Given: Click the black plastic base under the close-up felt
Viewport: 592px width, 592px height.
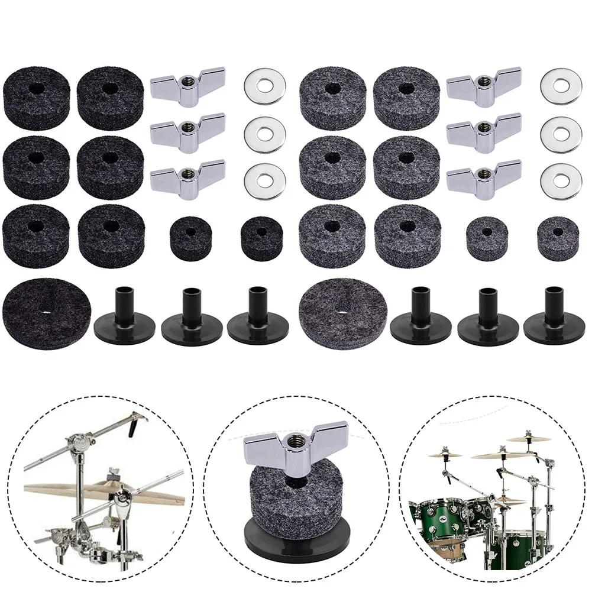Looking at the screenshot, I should (296, 525).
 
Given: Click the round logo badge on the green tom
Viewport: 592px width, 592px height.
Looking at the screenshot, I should (436, 507).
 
